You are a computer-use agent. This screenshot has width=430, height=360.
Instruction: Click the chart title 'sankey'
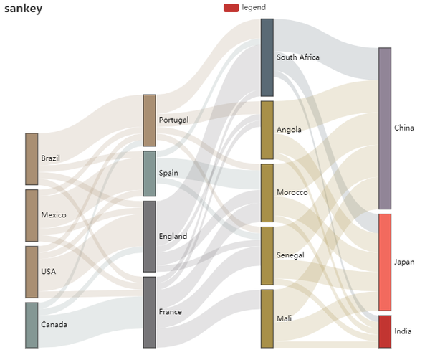tap(23, 9)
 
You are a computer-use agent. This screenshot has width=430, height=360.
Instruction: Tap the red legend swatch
tap(231, 8)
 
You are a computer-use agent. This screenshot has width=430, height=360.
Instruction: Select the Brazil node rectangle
tap(32, 158)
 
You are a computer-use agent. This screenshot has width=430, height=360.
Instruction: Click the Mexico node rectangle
tap(32, 215)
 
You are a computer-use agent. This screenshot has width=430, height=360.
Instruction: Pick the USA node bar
tap(32, 272)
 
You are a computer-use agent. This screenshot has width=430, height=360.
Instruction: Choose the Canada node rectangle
tap(32, 325)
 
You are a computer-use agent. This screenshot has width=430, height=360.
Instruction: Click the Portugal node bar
tap(149, 120)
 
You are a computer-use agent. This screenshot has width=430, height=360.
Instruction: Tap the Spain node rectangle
tap(149, 174)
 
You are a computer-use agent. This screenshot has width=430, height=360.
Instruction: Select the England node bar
tap(149, 236)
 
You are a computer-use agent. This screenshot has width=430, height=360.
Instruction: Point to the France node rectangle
tap(149, 312)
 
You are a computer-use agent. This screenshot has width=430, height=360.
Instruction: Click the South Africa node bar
tap(267, 57)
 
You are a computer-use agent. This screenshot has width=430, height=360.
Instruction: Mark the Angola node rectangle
tap(267, 130)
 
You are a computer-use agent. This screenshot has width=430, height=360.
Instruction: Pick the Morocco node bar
tap(267, 193)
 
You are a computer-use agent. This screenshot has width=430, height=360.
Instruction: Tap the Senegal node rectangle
tap(267, 255)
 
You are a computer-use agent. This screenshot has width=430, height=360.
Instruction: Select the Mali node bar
tap(267, 318)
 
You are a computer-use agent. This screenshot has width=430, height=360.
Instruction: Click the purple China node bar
tap(385, 128)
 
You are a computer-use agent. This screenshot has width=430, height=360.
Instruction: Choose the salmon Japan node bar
tap(385, 262)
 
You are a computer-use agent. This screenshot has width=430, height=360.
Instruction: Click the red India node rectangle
tap(385, 331)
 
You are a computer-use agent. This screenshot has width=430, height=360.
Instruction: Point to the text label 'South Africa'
tap(298, 57)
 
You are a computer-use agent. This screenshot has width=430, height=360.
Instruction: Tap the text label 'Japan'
tap(404, 262)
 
